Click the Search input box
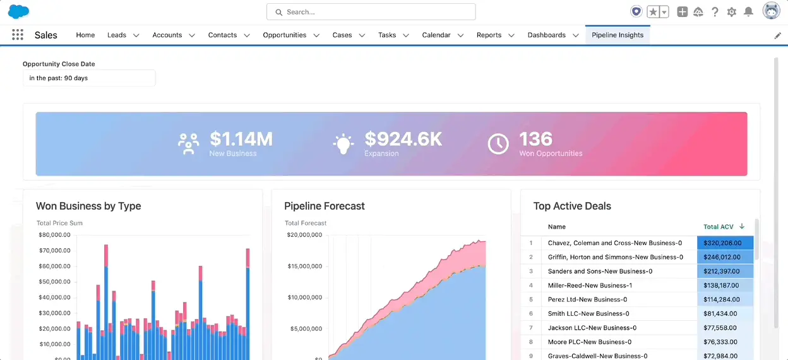pos(371,12)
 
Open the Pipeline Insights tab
pos(617,35)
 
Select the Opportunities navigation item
pos(284,35)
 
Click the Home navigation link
pos(85,35)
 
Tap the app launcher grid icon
pos(18,35)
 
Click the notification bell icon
pos(748,12)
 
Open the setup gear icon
pos(732,12)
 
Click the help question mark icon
pos(715,12)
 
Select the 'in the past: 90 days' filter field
pos(89,78)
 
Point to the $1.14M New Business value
pos(241,139)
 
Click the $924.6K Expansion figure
pos(403,139)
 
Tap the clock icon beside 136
pos(498,144)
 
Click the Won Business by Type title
pos(88,206)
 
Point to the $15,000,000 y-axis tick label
pos(305,266)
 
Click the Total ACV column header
pos(719,227)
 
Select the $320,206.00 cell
pos(725,243)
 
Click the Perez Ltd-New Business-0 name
pos(587,299)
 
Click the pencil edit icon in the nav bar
pos(777,36)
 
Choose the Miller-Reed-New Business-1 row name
pos(590,285)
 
